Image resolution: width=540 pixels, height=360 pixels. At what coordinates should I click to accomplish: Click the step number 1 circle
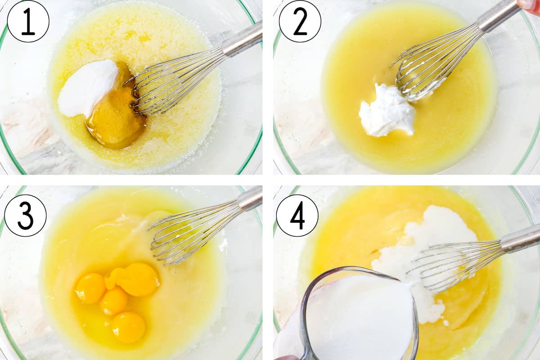[x=28, y=21]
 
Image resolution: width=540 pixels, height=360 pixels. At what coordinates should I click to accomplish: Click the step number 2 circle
[x=300, y=21]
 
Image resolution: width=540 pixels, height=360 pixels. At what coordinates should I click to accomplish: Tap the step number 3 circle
[x=25, y=216]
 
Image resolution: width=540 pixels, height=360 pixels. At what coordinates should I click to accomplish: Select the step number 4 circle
[x=297, y=216]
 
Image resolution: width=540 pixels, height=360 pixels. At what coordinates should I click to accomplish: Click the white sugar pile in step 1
[x=88, y=88]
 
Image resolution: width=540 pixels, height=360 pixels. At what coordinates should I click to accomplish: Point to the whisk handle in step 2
[x=497, y=16]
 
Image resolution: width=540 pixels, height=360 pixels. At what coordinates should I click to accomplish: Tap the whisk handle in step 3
[x=250, y=199]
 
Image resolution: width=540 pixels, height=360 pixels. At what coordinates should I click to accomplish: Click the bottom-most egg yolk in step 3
[x=128, y=327]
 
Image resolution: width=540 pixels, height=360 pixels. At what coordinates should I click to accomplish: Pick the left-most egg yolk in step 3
[x=90, y=288]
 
